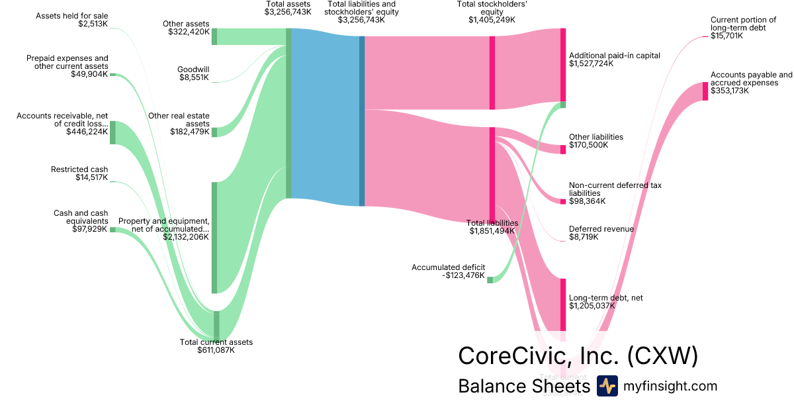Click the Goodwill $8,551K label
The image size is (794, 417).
tap(193, 73)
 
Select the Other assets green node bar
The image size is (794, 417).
tap(214, 36)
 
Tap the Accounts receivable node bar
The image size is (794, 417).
tap(112, 132)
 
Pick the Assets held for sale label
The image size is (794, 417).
tap(72, 20)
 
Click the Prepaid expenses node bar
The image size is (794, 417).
tap(112, 75)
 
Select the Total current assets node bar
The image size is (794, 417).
tap(216, 324)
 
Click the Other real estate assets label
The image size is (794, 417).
tap(179, 124)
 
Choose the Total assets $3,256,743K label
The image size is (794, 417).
tap(288, 8)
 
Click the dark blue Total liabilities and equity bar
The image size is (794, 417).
tap(362, 120)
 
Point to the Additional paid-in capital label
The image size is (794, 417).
tap(615, 60)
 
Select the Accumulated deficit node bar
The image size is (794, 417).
tap(490, 279)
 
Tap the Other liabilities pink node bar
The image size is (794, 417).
tap(563, 149)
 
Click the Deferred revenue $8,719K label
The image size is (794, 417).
tap(601, 232)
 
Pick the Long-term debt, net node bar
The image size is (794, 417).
tap(563, 304)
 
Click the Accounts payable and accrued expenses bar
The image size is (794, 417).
tap(705, 91)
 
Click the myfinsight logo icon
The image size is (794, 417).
tap(607, 386)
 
